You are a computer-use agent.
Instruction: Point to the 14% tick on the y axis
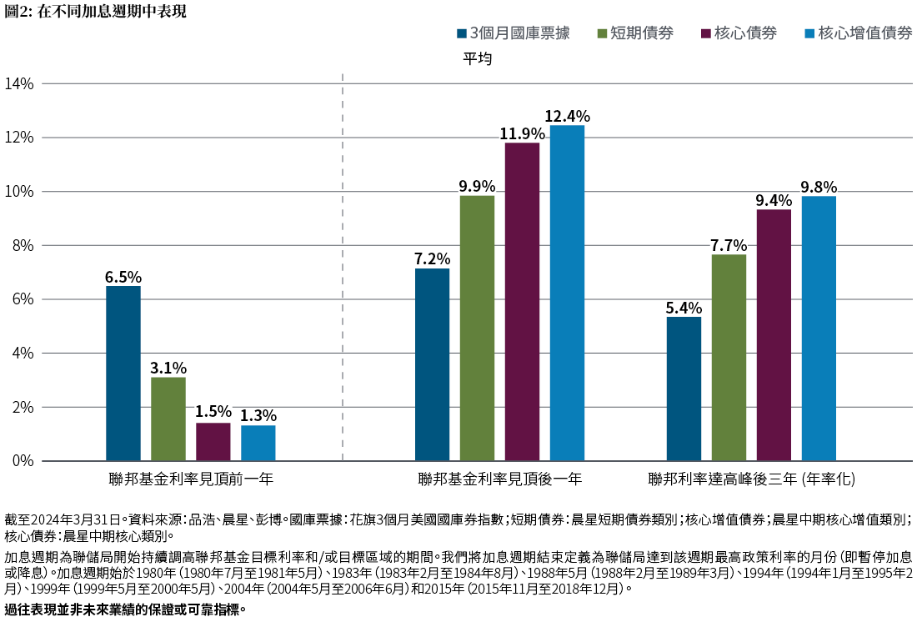19,83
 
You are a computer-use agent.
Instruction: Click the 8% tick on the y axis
19,245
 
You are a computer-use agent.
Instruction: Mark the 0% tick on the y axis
19,461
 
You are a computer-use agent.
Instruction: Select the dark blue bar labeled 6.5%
123,374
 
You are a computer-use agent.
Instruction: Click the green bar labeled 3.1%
168,419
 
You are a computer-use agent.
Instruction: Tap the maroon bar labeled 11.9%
522,302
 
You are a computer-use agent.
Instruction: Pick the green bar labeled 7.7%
729,358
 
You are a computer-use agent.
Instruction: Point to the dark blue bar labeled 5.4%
684,389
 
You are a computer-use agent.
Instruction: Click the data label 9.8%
819,187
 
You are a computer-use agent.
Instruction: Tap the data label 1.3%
258,416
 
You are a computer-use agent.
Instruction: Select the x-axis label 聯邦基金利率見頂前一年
191,479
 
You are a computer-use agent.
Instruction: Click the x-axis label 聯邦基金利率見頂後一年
500,479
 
